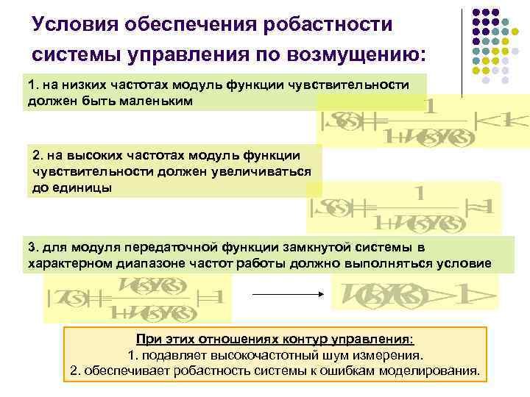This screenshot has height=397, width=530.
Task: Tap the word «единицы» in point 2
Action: click(75, 187)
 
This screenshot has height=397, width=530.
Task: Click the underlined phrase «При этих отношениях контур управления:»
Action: click(275, 339)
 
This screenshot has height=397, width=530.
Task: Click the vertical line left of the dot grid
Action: click(462, 51)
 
